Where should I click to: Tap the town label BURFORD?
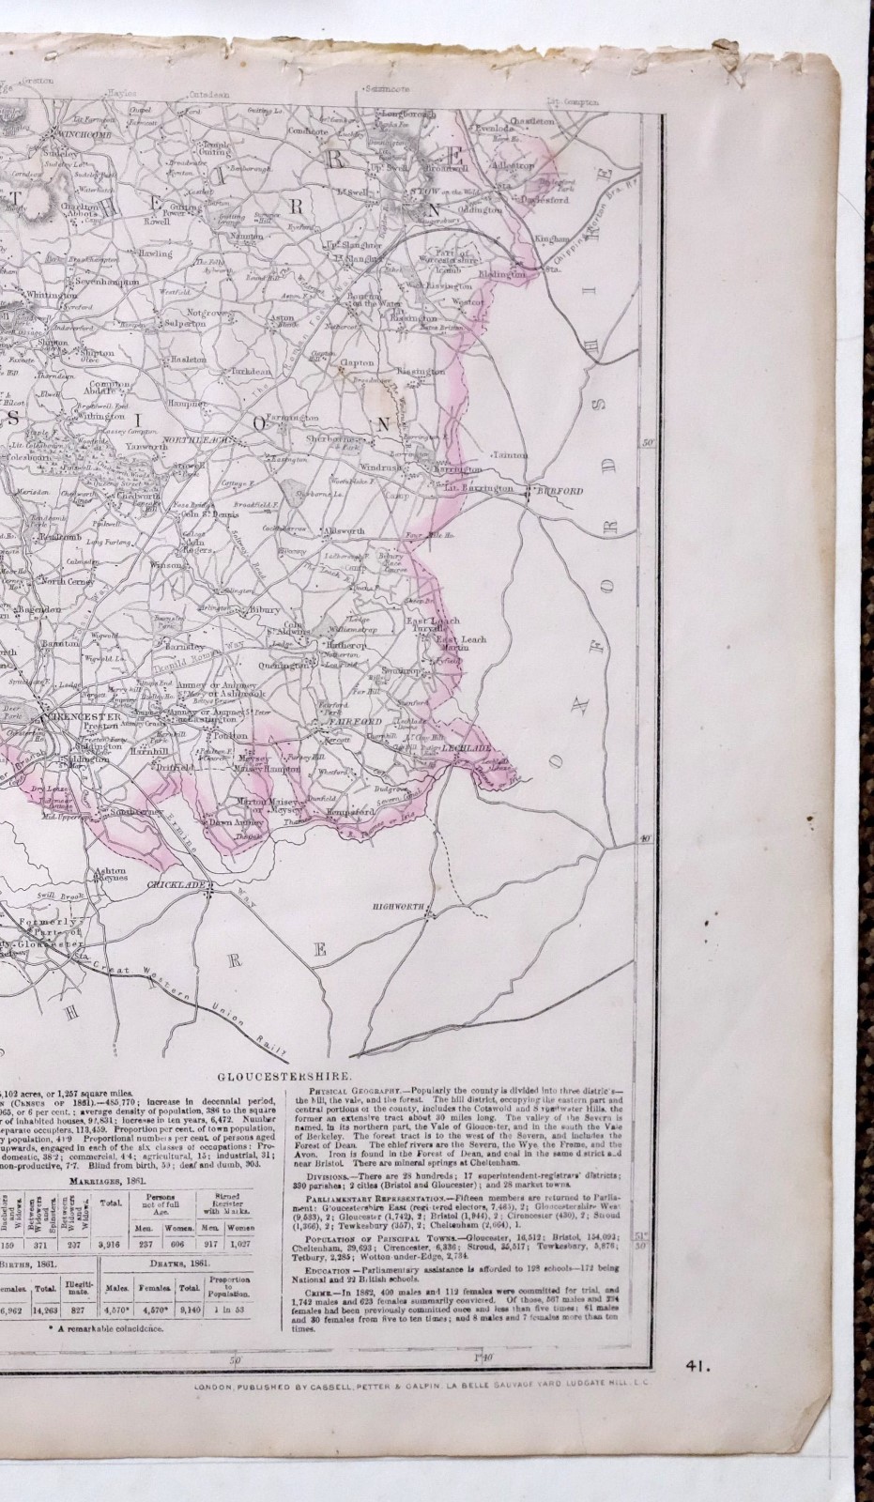click(568, 491)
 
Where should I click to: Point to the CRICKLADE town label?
click(169, 884)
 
